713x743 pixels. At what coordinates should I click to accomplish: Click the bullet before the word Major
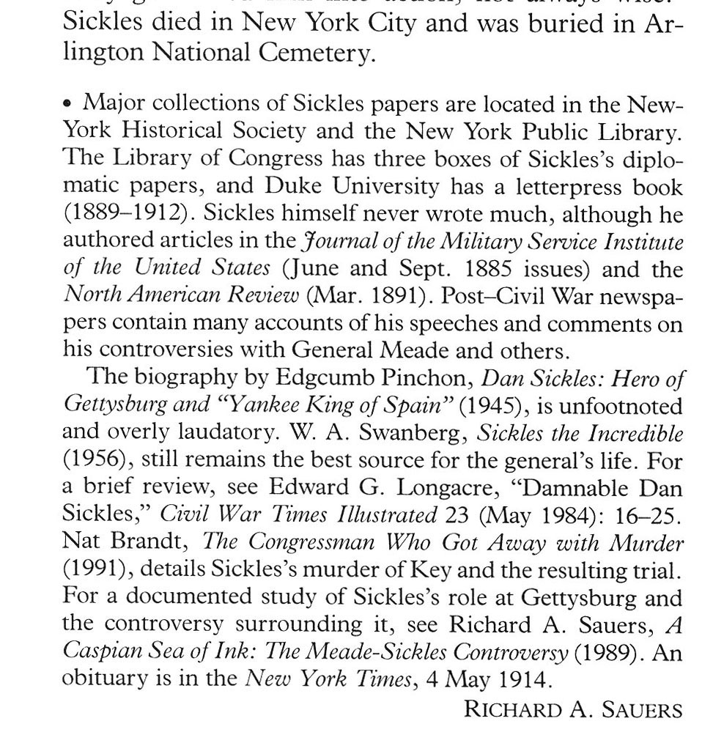click(x=68, y=104)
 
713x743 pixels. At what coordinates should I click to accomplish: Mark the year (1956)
click(x=96, y=461)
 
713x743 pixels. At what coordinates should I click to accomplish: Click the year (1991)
click(x=96, y=570)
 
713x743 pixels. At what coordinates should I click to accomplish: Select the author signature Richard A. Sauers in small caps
click(x=573, y=710)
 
